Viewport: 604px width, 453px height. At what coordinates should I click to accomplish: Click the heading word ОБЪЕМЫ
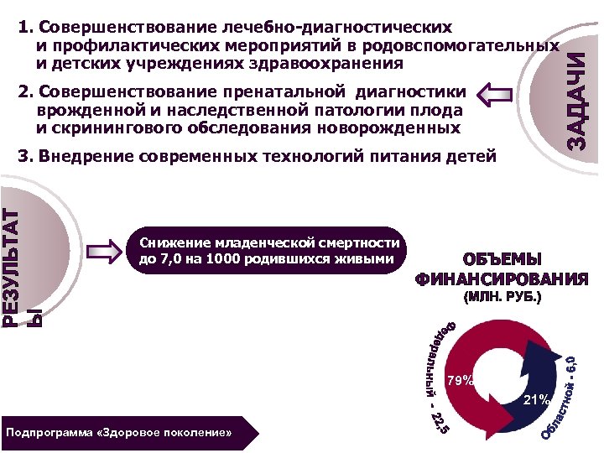[x=502, y=260]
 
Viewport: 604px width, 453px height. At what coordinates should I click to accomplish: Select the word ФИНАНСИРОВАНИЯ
[x=502, y=279]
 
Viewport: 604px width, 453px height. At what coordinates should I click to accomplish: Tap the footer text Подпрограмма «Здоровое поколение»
[x=118, y=433]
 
